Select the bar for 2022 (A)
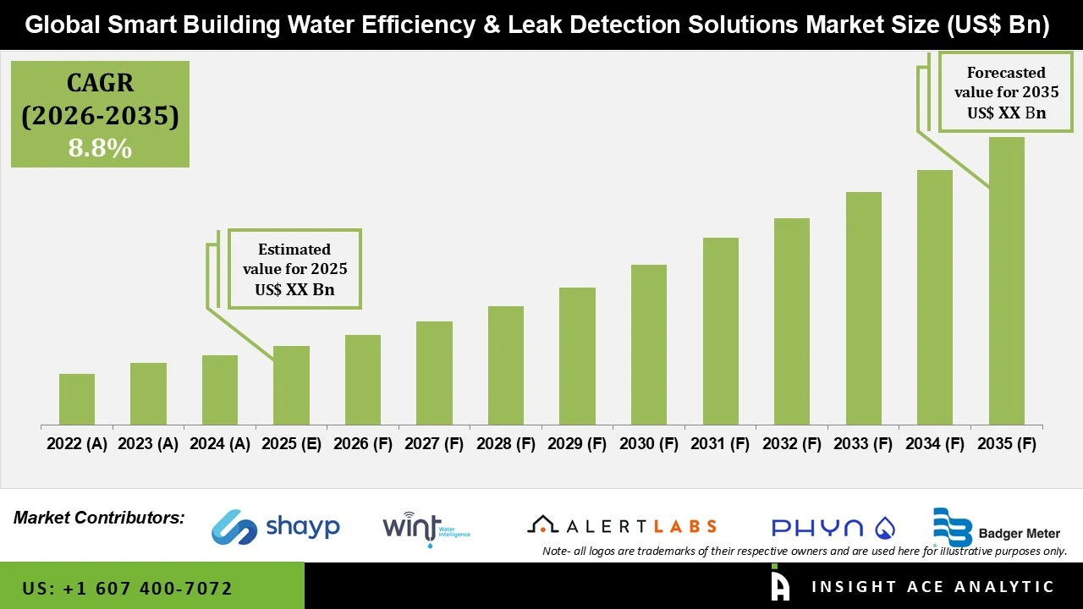click(x=77, y=399)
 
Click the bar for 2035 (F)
click(x=1006, y=281)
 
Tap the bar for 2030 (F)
click(x=649, y=344)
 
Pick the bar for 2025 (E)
click(x=291, y=385)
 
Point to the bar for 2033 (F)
click(x=863, y=308)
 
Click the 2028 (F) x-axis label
click(x=506, y=444)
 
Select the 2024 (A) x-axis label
click(x=220, y=444)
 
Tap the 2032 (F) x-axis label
click(x=792, y=444)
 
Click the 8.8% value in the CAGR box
click(x=100, y=149)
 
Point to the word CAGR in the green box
click(x=100, y=83)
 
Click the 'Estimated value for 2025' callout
click(x=294, y=269)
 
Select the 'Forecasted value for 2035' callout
click(x=1006, y=92)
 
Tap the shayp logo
click(x=276, y=527)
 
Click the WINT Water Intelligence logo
click(x=426, y=528)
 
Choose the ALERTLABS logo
click(x=622, y=526)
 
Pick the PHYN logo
click(x=833, y=528)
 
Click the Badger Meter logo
click(x=996, y=528)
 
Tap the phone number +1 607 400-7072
click(x=127, y=588)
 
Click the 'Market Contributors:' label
click(x=99, y=517)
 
